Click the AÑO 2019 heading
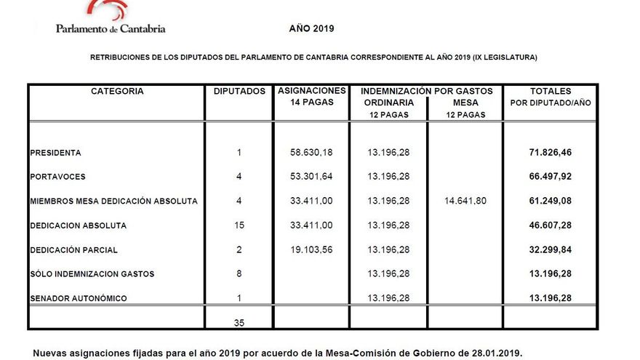pyautogui.click(x=311, y=28)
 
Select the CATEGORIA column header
pyautogui.click(x=117, y=92)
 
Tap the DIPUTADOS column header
pyautogui.click(x=239, y=92)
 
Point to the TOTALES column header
pyautogui.click(x=551, y=92)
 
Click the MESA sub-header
pyautogui.click(x=465, y=103)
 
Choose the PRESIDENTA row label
pyautogui.click(x=56, y=153)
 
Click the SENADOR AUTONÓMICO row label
pyautogui.click(x=79, y=299)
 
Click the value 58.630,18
pyautogui.click(x=311, y=153)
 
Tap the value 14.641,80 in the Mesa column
pyautogui.click(x=465, y=201)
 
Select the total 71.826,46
pyautogui.click(x=551, y=153)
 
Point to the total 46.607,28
pyautogui.click(x=551, y=226)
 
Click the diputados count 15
pyautogui.click(x=239, y=226)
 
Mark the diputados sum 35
pyautogui.click(x=239, y=322)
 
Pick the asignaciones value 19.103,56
pyautogui.click(x=311, y=250)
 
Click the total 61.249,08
pyautogui.click(x=551, y=201)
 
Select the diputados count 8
pyautogui.click(x=239, y=274)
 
